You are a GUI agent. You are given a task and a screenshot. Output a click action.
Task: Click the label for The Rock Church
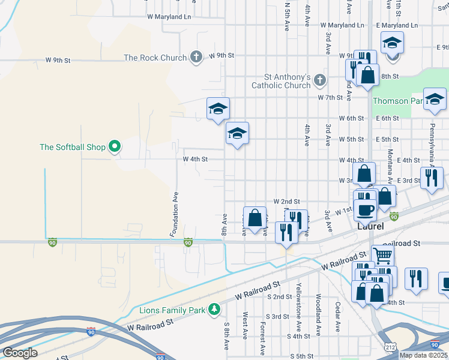point(156,58)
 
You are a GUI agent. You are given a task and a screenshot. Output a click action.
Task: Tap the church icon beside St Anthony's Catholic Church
point(320,80)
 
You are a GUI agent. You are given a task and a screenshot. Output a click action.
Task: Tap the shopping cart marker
point(382,254)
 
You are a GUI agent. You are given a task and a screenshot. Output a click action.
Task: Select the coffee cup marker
point(365,209)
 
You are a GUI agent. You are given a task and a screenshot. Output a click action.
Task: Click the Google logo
point(20,352)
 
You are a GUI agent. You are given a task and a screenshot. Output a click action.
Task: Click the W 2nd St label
point(286,202)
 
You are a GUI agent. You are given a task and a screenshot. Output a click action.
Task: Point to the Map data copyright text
point(423,355)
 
